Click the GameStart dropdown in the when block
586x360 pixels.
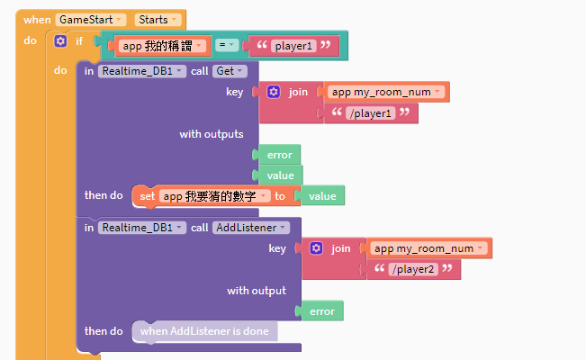pyautogui.click(x=90, y=19)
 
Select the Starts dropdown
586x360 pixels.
pyautogui.click(x=158, y=19)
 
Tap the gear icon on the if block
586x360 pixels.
pyautogui.click(x=60, y=41)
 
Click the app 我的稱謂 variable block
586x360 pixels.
pyautogui.click(x=159, y=45)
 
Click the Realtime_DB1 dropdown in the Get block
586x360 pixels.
pyautogui.click(x=142, y=70)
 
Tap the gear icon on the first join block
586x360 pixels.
pyautogui.click(x=273, y=92)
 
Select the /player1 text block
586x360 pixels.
pyautogui.click(x=371, y=112)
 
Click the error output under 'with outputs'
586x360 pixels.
pyautogui.click(x=279, y=155)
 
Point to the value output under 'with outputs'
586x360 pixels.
pyautogui.click(x=281, y=175)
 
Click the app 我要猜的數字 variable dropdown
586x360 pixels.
pyautogui.click(x=216, y=195)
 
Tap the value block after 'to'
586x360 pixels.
pyautogui.click(x=321, y=195)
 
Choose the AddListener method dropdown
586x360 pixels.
pyautogui.click(x=251, y=228)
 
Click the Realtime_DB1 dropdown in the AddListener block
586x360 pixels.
pyautogui.click(x=142, y=228)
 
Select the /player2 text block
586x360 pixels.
pyautogui.click(x=413, y=269)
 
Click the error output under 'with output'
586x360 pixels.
pyautogui.click(x=321, y=311)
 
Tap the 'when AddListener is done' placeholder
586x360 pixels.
pyautogui.click(x=204, y=331)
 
